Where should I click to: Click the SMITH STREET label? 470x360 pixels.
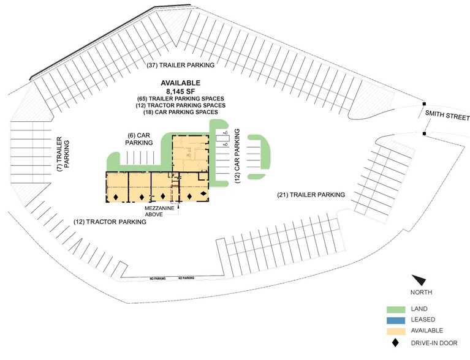(x=447, y=115)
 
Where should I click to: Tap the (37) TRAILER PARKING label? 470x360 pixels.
(x=180, y=65)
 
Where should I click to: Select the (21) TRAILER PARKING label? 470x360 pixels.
(x=311, y=195)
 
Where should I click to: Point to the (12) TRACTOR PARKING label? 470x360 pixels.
(x=110, y=222)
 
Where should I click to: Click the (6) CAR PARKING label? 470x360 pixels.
(x=138, y=139)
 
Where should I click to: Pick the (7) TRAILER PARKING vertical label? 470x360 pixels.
(x=63, y=154)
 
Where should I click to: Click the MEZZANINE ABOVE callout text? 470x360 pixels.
(x=159, y=211)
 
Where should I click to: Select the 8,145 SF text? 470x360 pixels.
(x=180, y=91)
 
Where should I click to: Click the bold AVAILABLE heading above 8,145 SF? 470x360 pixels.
(x=180, y=83)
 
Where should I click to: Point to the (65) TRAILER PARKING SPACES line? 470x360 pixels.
(x=180, y=99)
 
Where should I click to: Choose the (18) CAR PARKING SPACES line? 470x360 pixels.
(x=180, y=112)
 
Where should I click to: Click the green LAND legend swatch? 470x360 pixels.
(x=396, y=309)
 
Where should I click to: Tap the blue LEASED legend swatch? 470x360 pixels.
(x=396, y=320)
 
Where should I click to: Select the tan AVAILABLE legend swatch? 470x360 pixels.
(x=396, y=331)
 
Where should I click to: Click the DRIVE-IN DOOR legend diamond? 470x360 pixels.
(x=396, y=343)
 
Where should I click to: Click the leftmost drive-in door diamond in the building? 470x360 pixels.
(x=116, y=197)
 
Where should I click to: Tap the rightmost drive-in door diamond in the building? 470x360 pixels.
(x=203, y=193)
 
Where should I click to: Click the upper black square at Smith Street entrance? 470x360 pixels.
(x=424, y=104)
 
